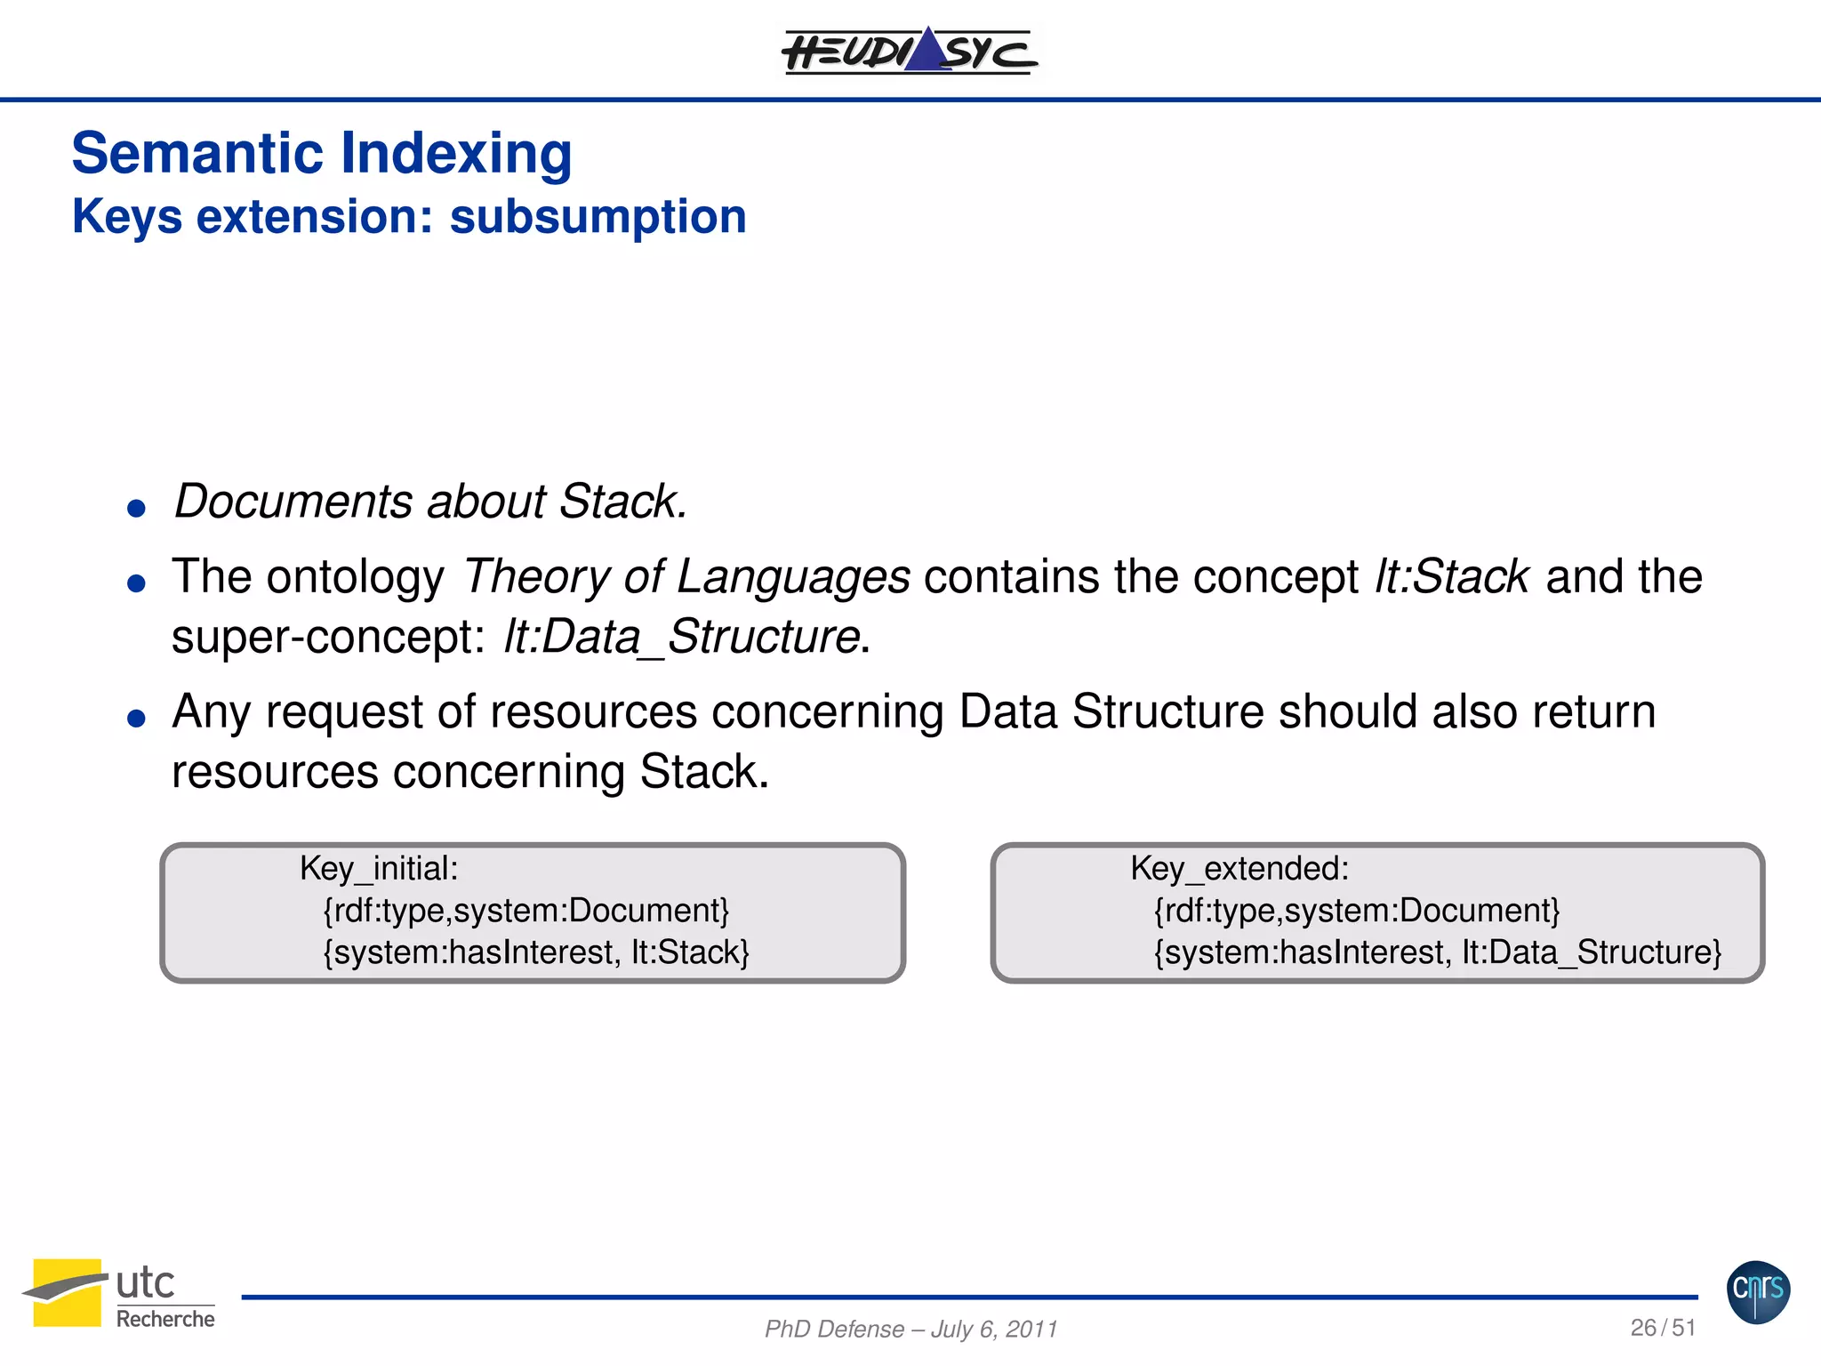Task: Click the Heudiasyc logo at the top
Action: pyautogui.click(x=909, y=51)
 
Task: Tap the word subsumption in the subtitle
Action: pyautogui.click(x=598, y=217)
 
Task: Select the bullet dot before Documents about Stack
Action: pyautogui.click(x=136, y=509)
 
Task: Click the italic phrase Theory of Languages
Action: pyautogui.click(x=686, y=576)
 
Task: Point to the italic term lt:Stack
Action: pyautogui.click(x=1451, y=576)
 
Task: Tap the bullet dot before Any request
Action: pyautogui.click(x=136, y=718)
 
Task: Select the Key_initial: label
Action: pyautogui.click(x=379, y=868)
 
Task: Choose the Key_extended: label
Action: pyautogui.click(x=1239, y=868)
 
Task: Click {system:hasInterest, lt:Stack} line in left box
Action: pyautogui.click(x=536, y=952)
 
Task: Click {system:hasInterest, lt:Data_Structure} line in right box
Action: pyautogui.click(x=1437, y=952)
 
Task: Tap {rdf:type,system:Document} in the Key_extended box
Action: pyautogui.click(x=1357, y=911)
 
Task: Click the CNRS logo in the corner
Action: pyautogui.click(x=1758, y=1291)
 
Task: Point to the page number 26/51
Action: pyautogui.click(x=1663, y=1328)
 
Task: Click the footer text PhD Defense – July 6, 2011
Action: pyautogui.click(x=910, y=1329)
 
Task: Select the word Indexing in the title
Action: pyautogui.click(x=456, y=153)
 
